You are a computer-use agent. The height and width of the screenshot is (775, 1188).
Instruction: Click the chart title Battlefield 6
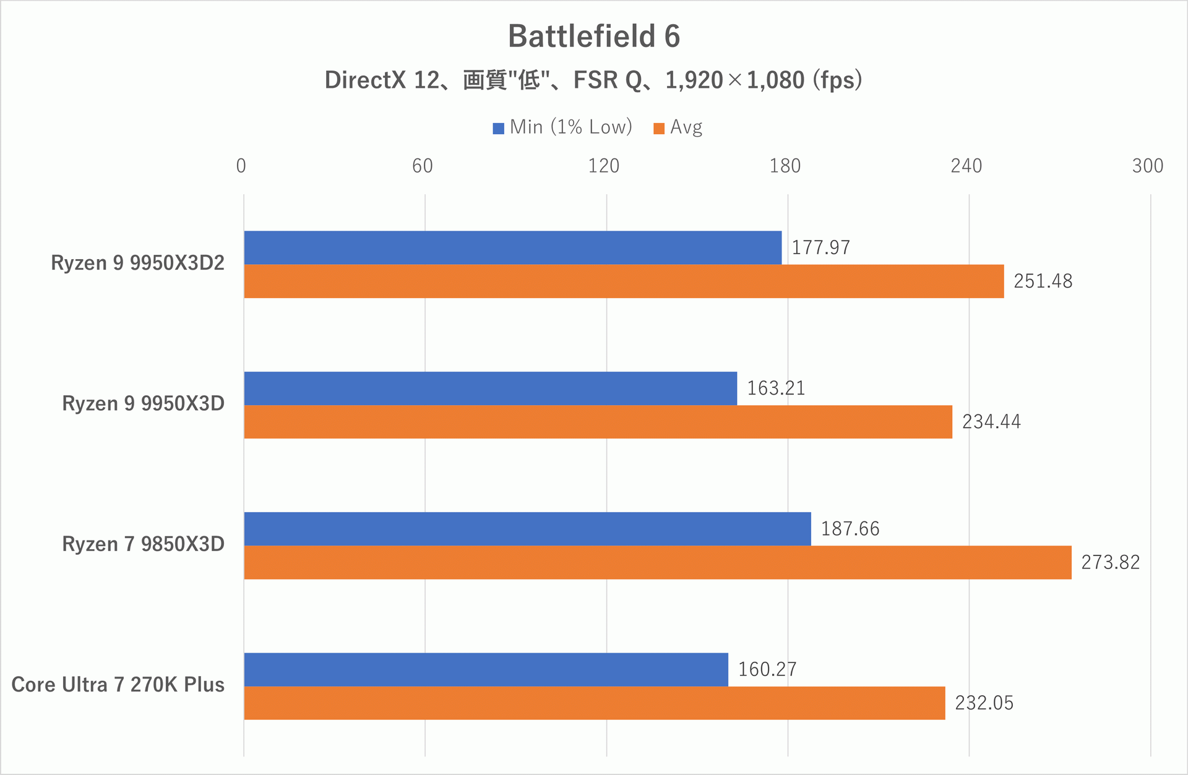[594, 36]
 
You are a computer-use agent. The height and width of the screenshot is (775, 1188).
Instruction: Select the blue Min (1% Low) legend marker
[499, 128]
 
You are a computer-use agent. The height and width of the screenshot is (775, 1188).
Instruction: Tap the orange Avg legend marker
[659, 128]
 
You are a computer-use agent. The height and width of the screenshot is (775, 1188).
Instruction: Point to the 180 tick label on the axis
[785, 166]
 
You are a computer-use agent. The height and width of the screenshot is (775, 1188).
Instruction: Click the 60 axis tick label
[423, 166]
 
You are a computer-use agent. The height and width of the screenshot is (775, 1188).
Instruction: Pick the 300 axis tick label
[1148, 166]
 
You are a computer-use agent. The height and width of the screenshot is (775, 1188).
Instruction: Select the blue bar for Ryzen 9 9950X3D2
[512, 247]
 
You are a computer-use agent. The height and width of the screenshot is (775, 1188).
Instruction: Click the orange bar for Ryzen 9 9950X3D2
[624, 281]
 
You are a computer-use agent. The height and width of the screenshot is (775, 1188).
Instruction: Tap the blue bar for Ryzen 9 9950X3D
[490, 388]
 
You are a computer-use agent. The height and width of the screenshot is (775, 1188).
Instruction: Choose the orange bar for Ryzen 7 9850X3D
[657, 562]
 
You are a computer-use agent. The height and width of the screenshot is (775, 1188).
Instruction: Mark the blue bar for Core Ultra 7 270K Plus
[486, 669]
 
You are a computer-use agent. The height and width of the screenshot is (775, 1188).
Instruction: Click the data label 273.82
[1110, 562]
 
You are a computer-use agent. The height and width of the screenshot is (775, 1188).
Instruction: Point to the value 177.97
[820, 247]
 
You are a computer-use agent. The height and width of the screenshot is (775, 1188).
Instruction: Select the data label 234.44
[991, 422]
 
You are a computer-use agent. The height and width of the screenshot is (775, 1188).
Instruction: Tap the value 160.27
[767, 669]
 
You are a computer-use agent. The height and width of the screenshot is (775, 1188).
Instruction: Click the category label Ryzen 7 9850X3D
[143, 544]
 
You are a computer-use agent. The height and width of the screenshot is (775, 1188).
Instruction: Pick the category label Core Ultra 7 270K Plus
[118, 685]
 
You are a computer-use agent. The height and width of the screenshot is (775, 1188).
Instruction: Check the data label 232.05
[984, 703]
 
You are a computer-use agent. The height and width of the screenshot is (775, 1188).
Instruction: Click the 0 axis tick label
[241, 166]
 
